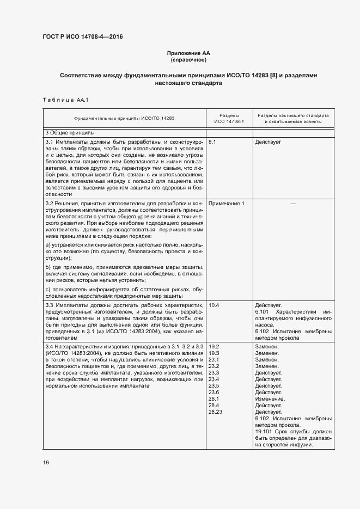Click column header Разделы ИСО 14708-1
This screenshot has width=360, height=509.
click(x=229, y=119)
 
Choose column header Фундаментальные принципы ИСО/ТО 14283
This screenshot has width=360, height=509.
click(x=125, y=119)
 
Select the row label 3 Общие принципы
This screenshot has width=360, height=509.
click(x=63, y=133)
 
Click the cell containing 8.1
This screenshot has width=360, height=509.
click(x=213, y=142)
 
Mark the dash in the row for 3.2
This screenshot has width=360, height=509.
click(x=293, y=203)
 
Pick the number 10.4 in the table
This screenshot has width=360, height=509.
click(x=214, y=305)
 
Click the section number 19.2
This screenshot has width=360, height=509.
click(x=214, y=346)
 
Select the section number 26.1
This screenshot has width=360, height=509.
click(x=214, y=398)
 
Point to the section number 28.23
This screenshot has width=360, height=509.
click(x=216, y=412)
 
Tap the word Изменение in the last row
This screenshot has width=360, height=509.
click(x=268, y=398)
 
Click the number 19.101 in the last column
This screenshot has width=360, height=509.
click(x=264, y=432)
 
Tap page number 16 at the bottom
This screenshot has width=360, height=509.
click(x=46, y=462)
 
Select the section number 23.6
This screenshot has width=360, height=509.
click(x=214, y=392)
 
